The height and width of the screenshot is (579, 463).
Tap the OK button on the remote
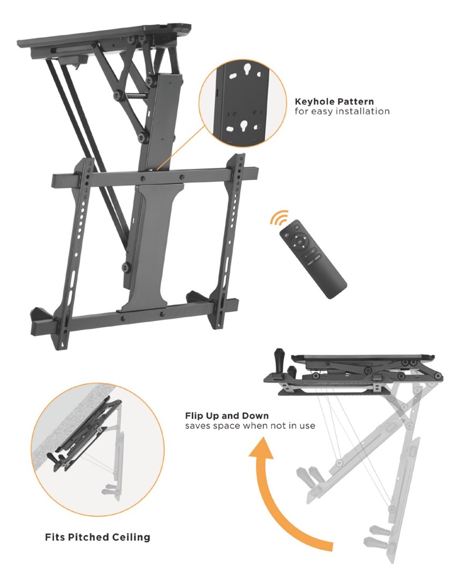[x=299, y=242]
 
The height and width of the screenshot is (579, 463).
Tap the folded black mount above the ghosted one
[x=353, y=373]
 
